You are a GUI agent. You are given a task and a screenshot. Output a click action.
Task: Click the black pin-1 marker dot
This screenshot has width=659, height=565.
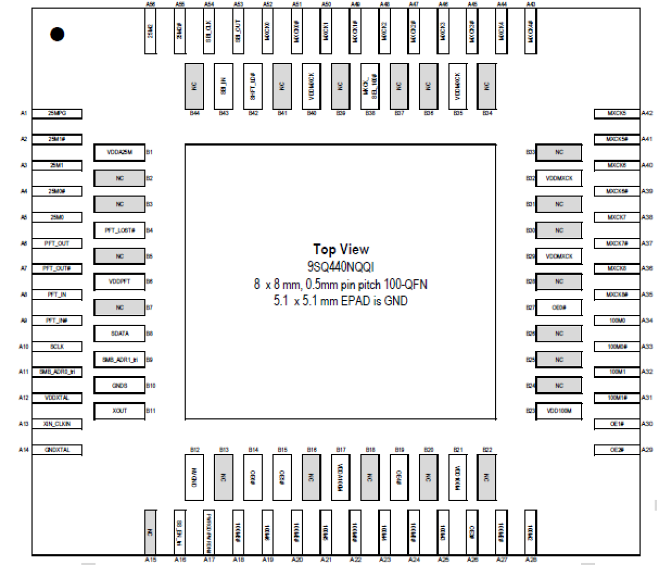57,34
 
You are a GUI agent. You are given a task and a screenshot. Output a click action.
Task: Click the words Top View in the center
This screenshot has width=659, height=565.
341,249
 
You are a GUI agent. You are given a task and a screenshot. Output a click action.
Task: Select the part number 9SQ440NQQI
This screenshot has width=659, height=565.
341,267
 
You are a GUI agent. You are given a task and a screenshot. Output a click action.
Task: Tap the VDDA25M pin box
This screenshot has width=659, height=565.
120,152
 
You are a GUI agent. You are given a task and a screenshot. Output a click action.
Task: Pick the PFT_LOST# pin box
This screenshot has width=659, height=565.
120,230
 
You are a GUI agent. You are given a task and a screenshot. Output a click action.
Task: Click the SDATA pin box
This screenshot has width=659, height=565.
120,333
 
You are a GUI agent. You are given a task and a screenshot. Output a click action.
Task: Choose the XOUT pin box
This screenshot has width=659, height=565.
120,411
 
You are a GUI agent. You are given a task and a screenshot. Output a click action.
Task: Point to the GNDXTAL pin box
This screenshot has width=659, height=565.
57,449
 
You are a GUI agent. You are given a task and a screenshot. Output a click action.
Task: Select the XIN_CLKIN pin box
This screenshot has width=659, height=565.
57,424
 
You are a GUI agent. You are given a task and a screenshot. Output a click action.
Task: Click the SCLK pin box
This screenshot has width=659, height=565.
57,347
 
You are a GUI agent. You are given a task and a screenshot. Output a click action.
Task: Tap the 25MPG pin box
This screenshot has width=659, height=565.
57,113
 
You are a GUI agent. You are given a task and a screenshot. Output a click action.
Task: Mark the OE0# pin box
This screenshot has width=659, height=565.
559,307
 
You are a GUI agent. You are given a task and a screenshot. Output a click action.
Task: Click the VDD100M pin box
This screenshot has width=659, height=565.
559,411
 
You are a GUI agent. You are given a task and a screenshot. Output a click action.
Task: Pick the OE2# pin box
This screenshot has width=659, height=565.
617,449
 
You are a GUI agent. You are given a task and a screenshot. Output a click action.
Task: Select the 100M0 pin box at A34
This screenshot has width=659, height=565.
617,320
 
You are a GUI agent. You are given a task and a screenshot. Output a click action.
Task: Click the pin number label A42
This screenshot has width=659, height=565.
647,113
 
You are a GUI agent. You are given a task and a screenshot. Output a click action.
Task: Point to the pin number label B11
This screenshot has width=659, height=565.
151,411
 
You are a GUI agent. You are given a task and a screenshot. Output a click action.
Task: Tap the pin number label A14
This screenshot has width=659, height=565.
24,449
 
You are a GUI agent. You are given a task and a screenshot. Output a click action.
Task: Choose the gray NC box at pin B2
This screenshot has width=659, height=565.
120,178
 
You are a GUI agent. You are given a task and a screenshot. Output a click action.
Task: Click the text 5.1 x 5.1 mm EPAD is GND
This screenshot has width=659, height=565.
341,301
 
